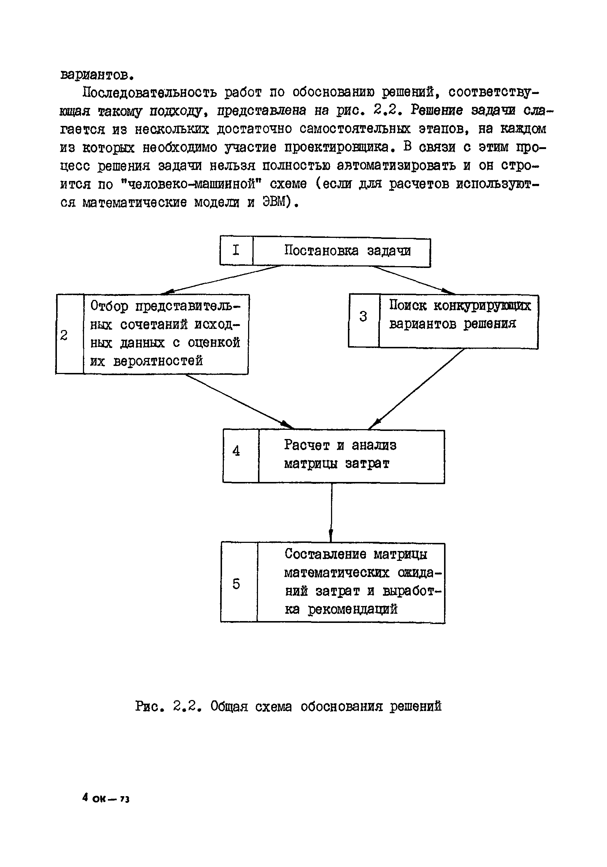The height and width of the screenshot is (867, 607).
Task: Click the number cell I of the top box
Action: click(x=236, y=250)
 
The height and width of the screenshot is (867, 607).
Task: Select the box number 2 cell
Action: click(x=69, y=334)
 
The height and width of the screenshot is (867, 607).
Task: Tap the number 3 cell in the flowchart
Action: click(x=364, y=320)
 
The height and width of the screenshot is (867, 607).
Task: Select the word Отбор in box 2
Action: click(x=109, y=306)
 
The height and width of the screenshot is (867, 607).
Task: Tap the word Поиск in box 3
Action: click(x=408, y=305)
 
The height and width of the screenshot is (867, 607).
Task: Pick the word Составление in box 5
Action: click(x=325, y=554)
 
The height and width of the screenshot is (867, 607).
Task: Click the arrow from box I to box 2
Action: click(x=223, y=280)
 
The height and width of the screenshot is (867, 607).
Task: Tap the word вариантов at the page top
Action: click(x=97, y=75)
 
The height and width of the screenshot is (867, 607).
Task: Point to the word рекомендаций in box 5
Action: click(x=353, y=609)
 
